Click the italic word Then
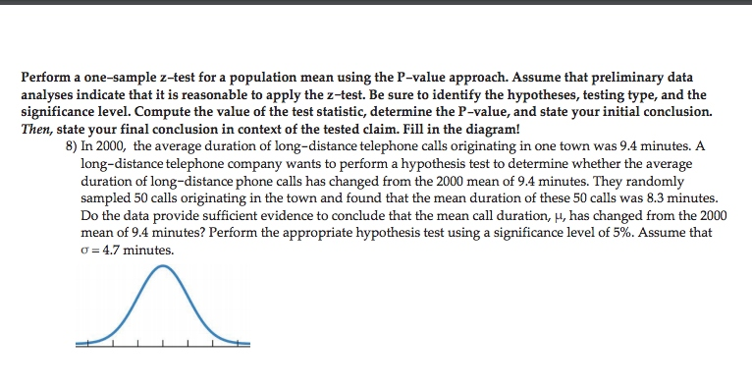pyautogui.click(x=36, y=128)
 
